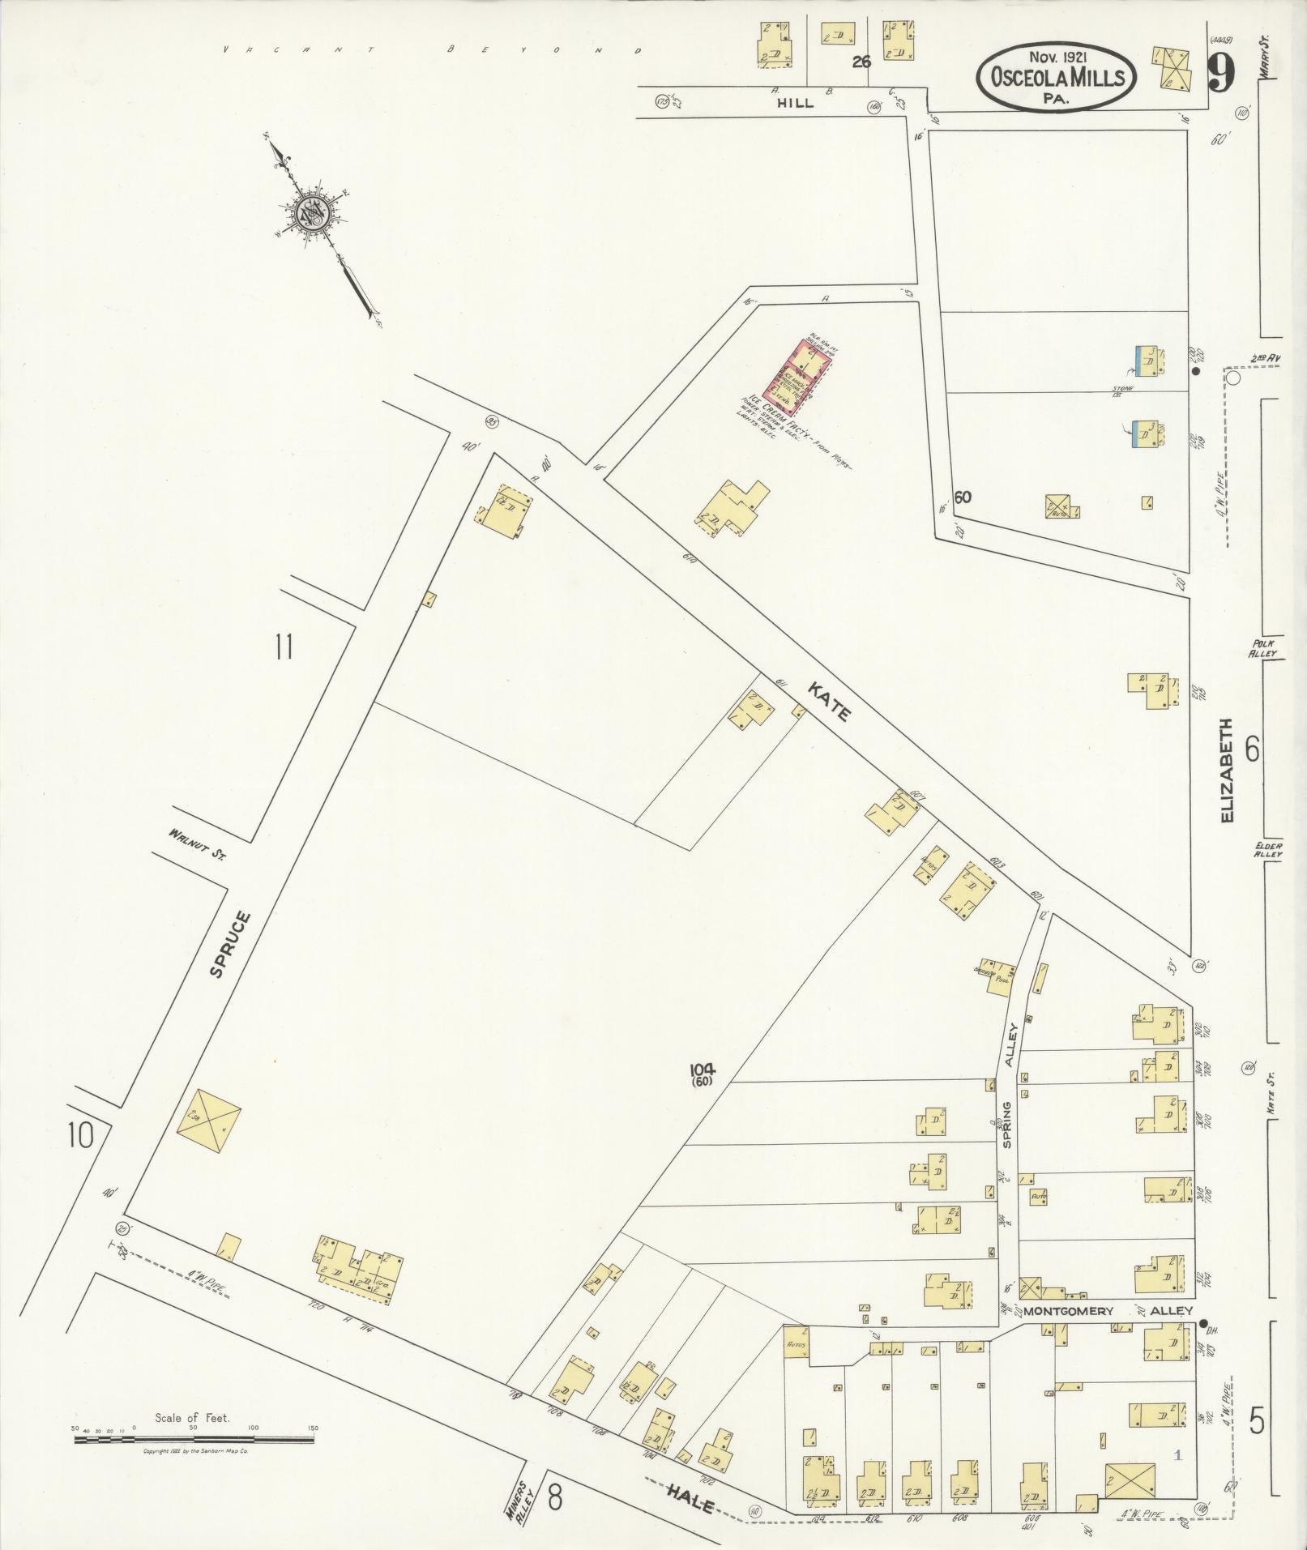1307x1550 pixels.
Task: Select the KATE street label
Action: pos(829,701)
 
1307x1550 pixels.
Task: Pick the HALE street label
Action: pos(690,1505)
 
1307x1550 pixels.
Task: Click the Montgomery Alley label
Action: pos(1108,1310)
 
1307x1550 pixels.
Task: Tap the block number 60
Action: pos(963,497)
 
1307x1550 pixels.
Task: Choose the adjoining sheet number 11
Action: pos(283,648)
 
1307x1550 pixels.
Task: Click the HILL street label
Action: pos(795,104)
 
